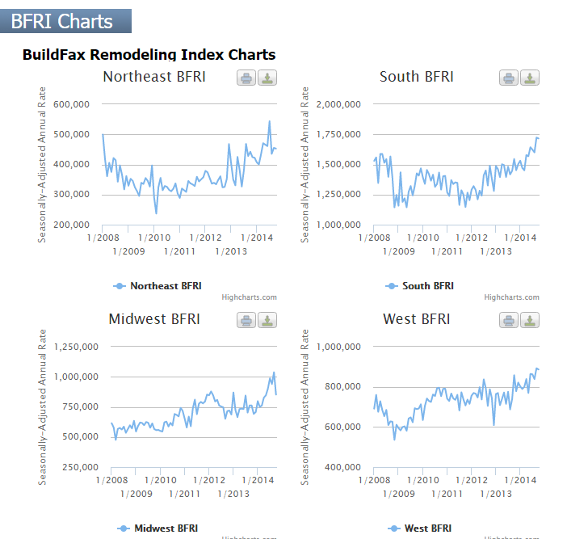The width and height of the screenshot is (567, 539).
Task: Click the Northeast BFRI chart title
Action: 154,77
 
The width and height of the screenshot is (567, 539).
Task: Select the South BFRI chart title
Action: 416,77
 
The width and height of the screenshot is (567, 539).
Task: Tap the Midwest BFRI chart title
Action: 154,319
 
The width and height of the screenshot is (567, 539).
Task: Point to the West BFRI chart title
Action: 416,319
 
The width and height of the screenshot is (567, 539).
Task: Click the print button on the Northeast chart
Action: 247,78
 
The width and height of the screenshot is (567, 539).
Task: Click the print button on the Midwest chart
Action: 247,320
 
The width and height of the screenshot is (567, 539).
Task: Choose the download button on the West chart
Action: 529,320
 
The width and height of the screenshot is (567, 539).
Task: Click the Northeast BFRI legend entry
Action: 157,286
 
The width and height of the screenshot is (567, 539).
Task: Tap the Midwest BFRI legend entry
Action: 157,528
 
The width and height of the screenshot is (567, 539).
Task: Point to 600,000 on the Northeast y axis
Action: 72,104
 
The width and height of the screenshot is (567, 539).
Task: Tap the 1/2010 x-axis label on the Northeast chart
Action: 153,238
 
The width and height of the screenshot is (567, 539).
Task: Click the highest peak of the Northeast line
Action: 270,121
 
